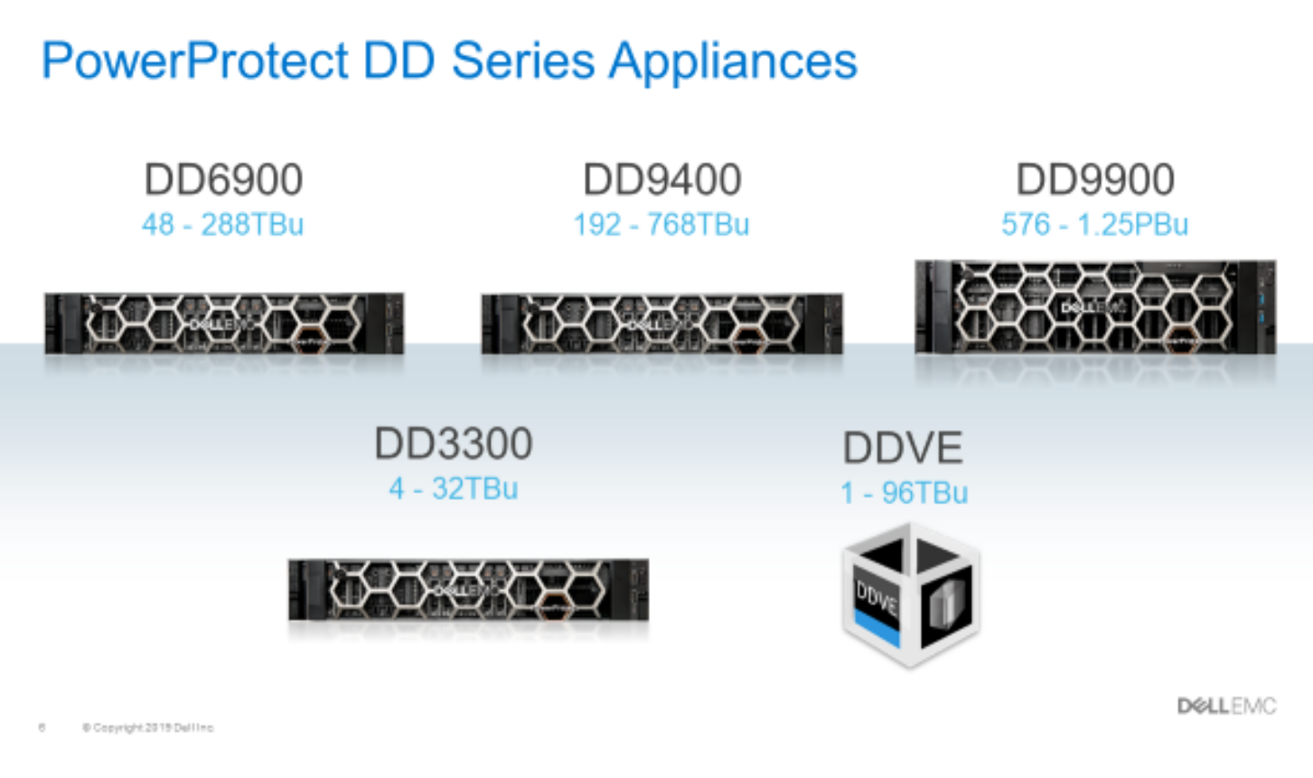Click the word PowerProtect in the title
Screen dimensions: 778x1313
coord(194,61)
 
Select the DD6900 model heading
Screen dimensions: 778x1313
coord(223,179)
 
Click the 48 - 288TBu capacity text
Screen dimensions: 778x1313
coord(222,224)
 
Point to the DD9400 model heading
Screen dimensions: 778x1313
coord(661,179)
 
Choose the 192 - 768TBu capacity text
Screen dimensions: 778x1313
coord(661,224)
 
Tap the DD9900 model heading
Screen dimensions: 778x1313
coord(1094,179)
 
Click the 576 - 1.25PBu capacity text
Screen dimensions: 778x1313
coord(1094,224)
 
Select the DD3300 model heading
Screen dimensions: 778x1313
coord(453,444)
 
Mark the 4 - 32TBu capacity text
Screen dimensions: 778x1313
coord(453,489)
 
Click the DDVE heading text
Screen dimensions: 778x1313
coord(903,448)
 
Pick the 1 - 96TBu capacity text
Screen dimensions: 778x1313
coord(904,492)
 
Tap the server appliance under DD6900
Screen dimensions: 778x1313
coord(224,323)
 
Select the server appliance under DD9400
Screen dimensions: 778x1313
coord(661,323)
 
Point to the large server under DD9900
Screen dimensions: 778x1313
coord(1095,307)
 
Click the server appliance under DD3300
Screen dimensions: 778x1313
coord(468,589)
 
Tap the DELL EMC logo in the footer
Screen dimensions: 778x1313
coord(1226,706)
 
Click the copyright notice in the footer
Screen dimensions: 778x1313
coord(148,727)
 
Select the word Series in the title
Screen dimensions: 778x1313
coord(523,61)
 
